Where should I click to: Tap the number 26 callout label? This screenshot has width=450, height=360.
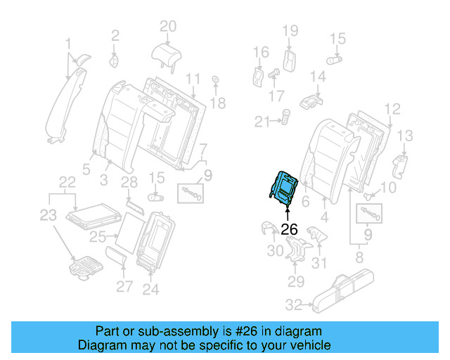click(289, 229)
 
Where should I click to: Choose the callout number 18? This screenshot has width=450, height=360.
click(218, 103)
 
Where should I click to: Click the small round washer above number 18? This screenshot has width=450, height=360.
click(214, 79)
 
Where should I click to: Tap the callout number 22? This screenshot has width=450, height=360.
click(67, 182)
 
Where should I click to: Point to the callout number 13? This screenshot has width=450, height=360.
click(405, 135)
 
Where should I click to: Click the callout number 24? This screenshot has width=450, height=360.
click(150, 288)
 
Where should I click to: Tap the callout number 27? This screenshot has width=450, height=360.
click(124, 286)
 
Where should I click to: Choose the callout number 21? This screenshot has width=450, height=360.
click(262, 122)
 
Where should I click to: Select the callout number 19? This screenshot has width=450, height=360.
click(290, 30)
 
